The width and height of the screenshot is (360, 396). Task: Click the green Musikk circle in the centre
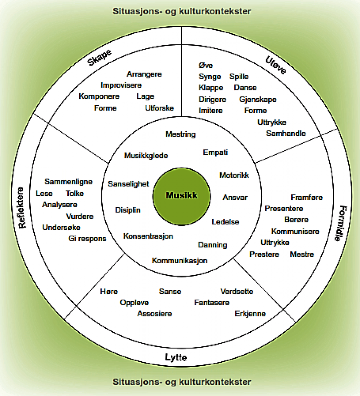tap(182, 196)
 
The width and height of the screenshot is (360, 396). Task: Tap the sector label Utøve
tap(276, 65)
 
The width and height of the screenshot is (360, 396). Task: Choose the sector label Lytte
tap(176, 357)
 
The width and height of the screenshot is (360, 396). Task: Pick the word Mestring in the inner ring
tap(181, 134)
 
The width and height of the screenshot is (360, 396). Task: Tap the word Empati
tap(216, 152)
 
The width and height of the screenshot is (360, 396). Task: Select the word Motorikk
tap(234, 175)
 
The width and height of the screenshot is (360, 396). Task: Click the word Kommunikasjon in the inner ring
tap(180, 261)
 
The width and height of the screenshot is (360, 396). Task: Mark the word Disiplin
tap(128, 210)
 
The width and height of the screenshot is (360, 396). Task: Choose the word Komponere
tap(99, 96)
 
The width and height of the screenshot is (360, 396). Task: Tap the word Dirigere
tap(212, 99)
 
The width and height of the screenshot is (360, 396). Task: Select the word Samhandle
tap(286, 133)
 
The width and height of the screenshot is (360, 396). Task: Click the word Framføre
tap(307, 197)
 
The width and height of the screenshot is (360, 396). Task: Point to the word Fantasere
tap(212, 302)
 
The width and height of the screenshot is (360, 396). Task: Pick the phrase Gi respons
tap(87, 239)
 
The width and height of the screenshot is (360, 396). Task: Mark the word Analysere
tap(60, 205)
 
